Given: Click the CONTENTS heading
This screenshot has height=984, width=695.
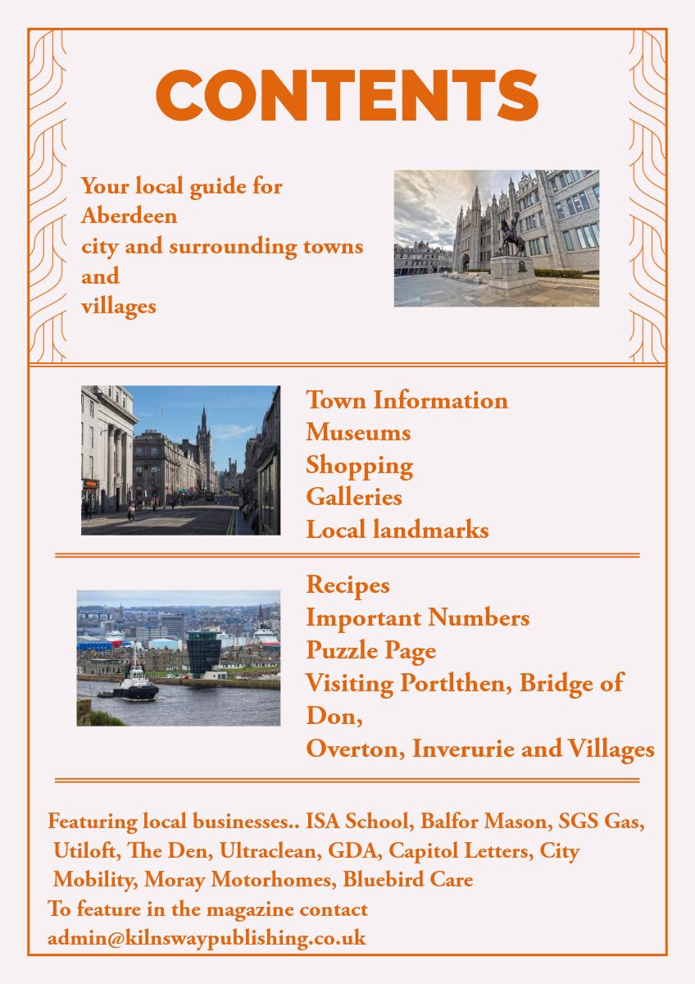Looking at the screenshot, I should tap(347, 94).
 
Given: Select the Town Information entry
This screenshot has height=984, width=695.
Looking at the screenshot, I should tap(407, 400).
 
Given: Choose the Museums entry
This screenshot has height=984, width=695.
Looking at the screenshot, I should tap(358, 432).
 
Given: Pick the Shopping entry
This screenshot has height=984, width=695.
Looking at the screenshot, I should tap(359, 466).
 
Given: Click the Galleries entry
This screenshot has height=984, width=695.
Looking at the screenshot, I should tap(354, 497).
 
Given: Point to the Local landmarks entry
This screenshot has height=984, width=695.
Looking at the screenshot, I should tap(397, 530).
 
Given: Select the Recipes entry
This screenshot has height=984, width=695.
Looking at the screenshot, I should tap(347, 585).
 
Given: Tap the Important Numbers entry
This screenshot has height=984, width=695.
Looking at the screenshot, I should tap(417, 617).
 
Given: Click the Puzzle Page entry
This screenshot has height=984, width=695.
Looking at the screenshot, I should tap(370, 650).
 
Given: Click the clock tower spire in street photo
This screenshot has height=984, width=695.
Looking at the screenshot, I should tap(202, 435).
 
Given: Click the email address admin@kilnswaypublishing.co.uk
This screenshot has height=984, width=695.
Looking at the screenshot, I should tap(207, 937).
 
